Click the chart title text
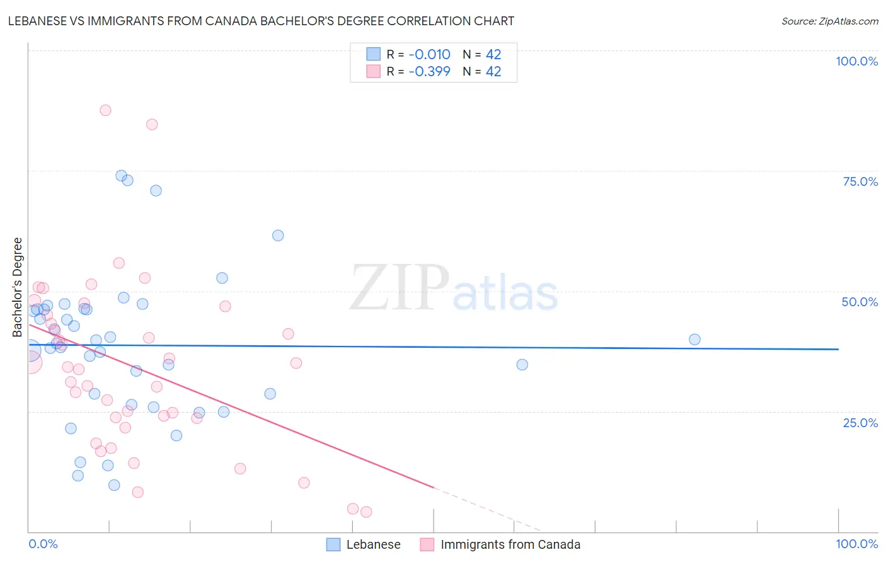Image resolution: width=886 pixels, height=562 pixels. coord(261,21)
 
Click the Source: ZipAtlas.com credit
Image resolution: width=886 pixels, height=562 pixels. coord(829,21)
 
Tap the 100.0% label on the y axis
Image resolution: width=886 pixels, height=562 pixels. coord(856,61)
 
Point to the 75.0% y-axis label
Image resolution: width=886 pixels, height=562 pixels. coord(860,181)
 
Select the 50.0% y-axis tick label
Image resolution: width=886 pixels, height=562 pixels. coord(860,302)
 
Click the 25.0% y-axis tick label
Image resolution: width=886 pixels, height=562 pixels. coord(860,422)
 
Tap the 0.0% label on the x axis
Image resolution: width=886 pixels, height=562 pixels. coord(43,544)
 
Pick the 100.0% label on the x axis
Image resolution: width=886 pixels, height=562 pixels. coord(856,544)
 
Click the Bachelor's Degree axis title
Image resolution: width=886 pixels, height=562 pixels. coord(18,287)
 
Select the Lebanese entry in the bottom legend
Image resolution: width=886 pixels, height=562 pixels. coord(373,544)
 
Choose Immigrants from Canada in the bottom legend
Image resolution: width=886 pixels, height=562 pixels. coord(510,544)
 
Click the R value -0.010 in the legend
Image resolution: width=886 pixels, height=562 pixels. coord(429,54)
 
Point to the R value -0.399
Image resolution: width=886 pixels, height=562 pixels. coord(429,71)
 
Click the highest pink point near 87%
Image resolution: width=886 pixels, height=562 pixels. coord(105,110)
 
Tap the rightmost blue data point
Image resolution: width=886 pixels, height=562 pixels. coord(694,340)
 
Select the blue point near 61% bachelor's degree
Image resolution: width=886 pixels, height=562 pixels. coord(278,236)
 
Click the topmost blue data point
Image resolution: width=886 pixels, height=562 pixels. coord(121,176)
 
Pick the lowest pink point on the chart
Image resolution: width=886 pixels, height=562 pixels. coord(366,512)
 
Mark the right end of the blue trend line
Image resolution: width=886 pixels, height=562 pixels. coord(838,349)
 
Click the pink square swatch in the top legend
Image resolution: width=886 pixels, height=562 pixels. coord(374,71)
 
